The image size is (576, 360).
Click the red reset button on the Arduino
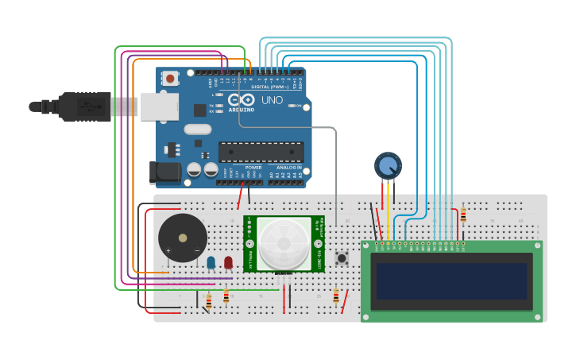click(170, 78)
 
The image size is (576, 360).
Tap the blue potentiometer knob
click(388, 166)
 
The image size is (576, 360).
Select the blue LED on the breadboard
click(211, 262)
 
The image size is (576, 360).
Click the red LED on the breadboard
click(228, 262)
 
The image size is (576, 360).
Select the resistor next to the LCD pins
click(463, 215)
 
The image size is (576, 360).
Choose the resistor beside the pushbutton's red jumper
click(336, 296)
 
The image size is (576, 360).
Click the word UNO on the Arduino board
click(272, 100)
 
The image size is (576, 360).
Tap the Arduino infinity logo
click(241, 99)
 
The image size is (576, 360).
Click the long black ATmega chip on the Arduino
click(261, 151)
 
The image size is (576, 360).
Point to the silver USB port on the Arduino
click(159, 106)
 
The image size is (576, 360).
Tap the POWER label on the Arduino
click(253, 168)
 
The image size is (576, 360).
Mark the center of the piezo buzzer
click(183, 237)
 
